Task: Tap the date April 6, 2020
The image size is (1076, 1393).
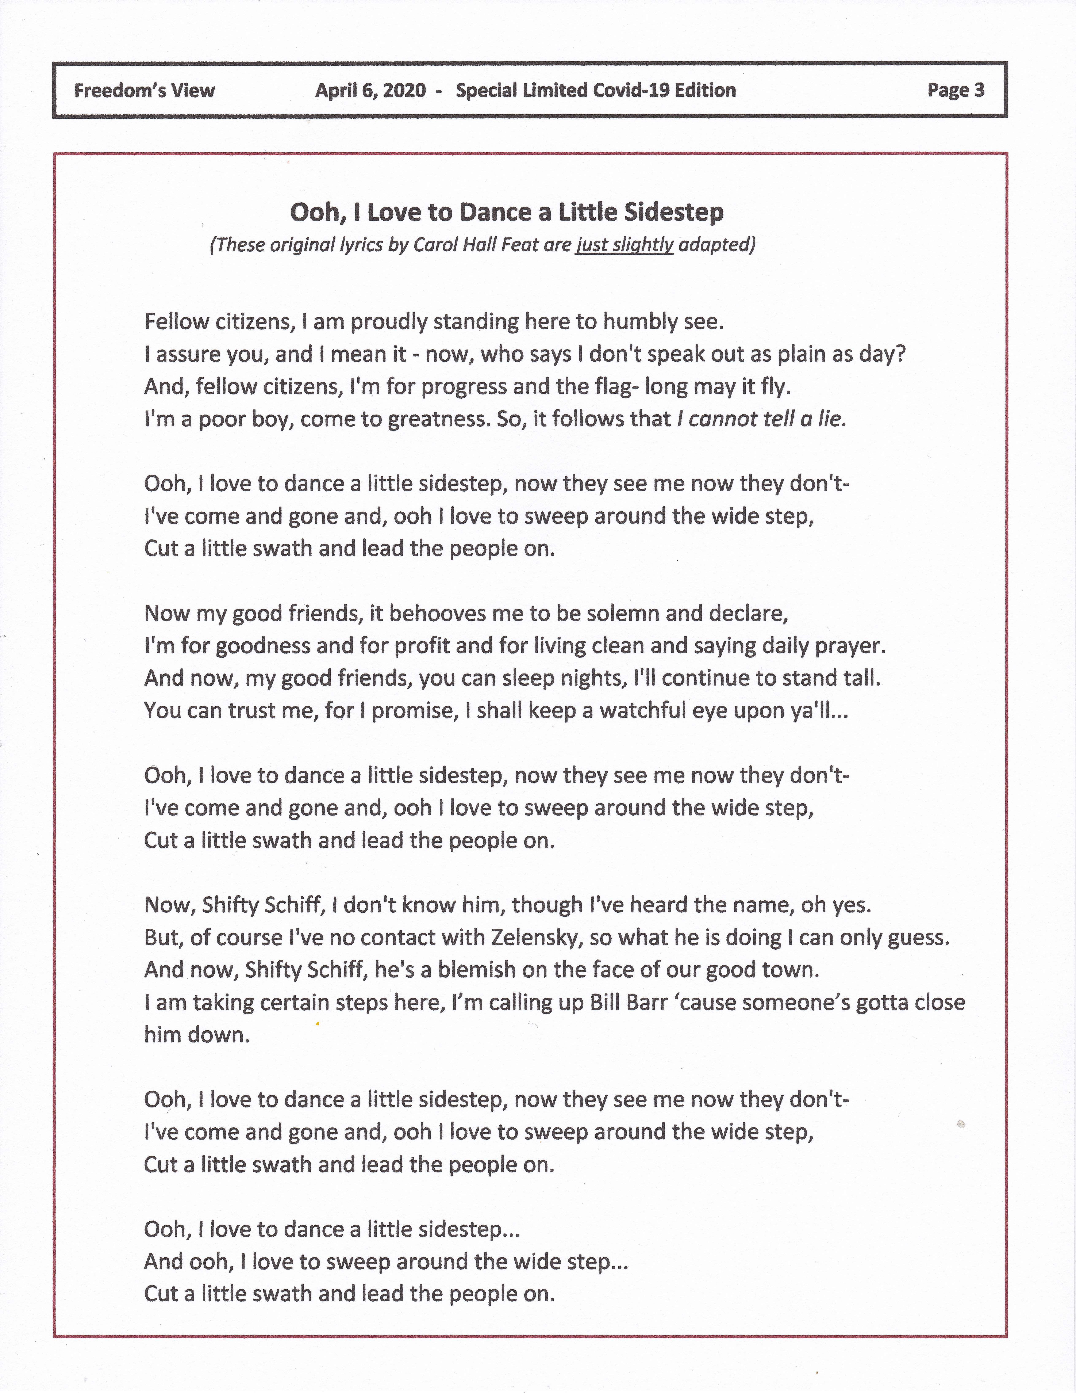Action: (x=370, y=91)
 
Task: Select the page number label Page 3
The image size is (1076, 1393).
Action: (x=956, y=91)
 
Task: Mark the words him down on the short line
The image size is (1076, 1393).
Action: (x=197, y=1035)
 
